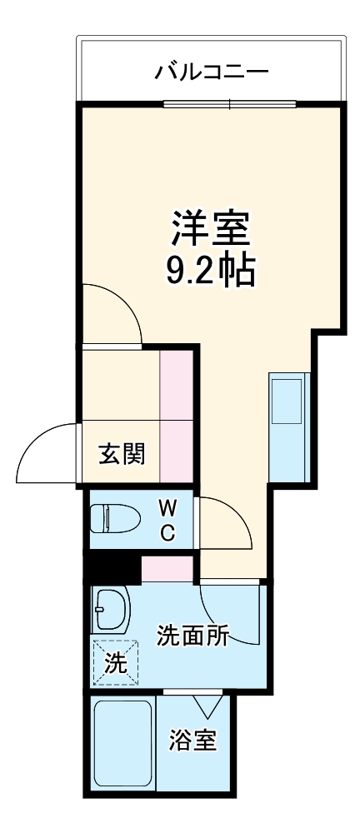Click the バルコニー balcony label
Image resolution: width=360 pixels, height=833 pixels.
pyautogui.click(x=212, y=72)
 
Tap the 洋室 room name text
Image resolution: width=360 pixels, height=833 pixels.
pyautogui.click(x=212, y=227)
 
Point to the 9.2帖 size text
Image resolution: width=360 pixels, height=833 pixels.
pyautogui.click(x=211, y=271)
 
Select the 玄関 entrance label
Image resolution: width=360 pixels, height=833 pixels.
pyautogui.click(x=122, y=454)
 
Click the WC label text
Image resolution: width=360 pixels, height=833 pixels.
pyautogui.click(x=167, y=520)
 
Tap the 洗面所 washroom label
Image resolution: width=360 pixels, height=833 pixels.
pyautogui.click(x=193, y=637)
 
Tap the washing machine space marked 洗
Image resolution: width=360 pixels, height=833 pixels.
pyautogui.click(x=115, y=663)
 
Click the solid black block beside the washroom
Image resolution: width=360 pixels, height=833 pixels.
pyautogui.click(x=112, y=569)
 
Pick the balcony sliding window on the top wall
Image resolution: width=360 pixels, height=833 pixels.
pyautogui.click(x=229, y=104)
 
